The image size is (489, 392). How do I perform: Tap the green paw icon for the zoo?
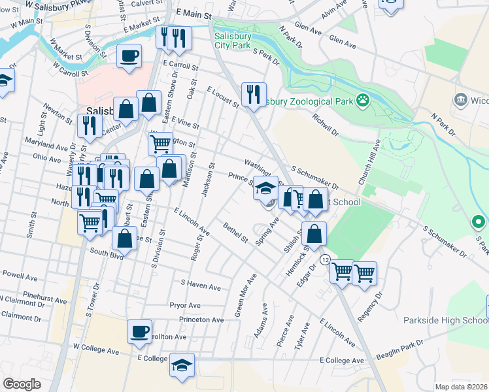(362, 101)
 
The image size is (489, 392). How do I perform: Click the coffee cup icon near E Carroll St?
(129, 56)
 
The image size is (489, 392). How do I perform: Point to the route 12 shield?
(324, 259)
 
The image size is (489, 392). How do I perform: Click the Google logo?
(22, 384)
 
